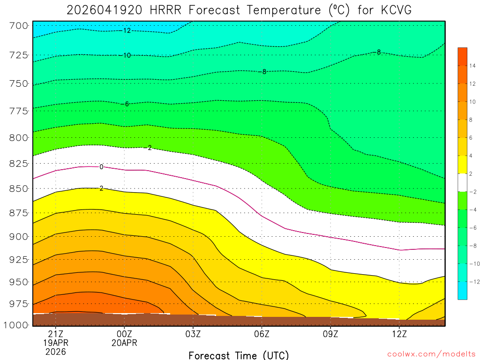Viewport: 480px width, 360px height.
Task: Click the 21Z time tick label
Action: coord(56,334)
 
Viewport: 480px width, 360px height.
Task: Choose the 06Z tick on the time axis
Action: coord(262,334)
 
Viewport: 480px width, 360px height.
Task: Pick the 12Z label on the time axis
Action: coord(399,334)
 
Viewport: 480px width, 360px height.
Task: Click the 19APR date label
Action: coord(56,343)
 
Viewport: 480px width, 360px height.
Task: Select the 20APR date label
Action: coord(124,343)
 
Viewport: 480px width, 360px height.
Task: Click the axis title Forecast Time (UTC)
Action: coord(239,355)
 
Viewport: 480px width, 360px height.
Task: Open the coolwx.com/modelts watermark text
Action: coord(431,354)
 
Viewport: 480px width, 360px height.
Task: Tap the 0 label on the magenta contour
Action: coord(101,167)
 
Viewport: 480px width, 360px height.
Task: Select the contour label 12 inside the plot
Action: coord(127,31)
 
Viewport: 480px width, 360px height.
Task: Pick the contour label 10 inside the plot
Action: coord(127,55)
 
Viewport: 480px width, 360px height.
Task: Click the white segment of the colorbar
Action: coord(463,182)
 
